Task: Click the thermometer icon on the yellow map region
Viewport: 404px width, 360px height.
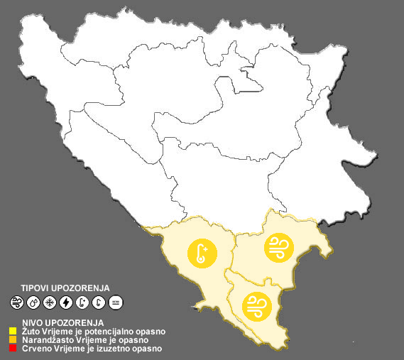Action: [x=202, y=253]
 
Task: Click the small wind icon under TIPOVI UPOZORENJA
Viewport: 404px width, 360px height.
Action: [x=16, y=302]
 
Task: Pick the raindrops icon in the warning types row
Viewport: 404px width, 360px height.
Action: [x=33, y=302]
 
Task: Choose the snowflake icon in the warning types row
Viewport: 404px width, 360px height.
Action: [x=50, y=302]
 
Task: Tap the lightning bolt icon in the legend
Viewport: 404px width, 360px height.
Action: [x=66, y=302]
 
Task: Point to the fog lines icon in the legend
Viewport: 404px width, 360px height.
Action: [x=116, y=302]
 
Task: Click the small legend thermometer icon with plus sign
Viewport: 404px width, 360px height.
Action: [x=83, y=302]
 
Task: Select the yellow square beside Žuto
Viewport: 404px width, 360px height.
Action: [x=13, y=331]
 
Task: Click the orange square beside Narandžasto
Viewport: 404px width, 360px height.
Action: [x=13, y=340]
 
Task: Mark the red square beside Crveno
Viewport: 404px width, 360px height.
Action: [x=13, y=349]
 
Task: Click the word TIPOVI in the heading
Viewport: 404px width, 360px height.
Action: [x=36, y=288]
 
